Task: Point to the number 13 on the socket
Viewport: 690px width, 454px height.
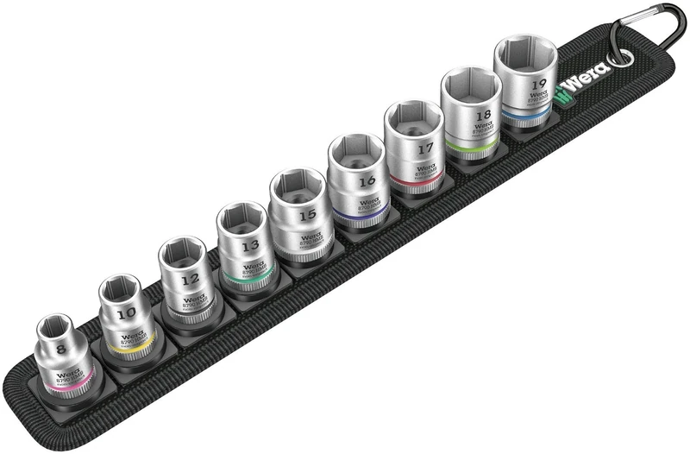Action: coord(249,246)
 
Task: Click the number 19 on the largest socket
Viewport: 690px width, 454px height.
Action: coord(539,85)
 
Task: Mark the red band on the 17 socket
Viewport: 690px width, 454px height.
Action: coord(418,177)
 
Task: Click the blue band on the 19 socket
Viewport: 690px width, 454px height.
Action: coord(528,114)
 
